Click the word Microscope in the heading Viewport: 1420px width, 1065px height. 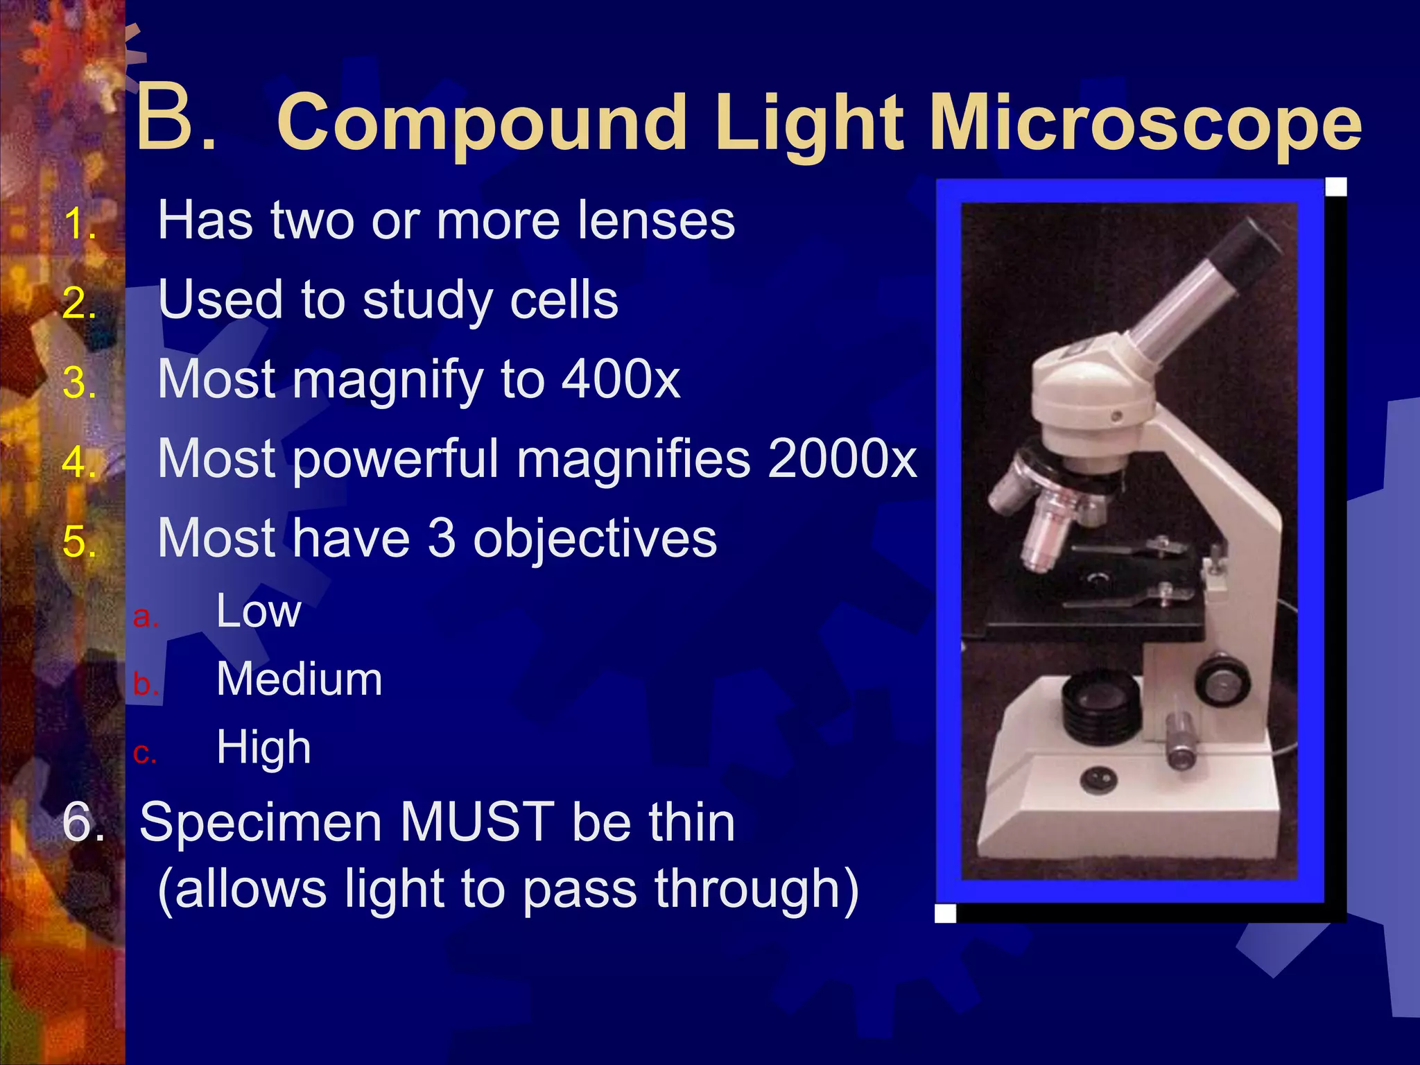(1145, 123)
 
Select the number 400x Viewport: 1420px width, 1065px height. (621, 380)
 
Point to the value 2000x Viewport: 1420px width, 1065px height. (842, 459)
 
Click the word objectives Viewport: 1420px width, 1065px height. (594, 539)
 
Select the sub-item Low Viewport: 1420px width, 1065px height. (258, 612)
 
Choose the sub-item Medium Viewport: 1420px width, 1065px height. (299, 679)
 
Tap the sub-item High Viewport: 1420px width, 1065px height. (263, 747)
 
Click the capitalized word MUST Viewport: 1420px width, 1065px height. (477, 822)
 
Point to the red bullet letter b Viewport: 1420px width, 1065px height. (144, 684)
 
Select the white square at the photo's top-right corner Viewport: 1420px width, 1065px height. (1335, 187)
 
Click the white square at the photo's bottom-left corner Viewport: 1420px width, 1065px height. (945, 913)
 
